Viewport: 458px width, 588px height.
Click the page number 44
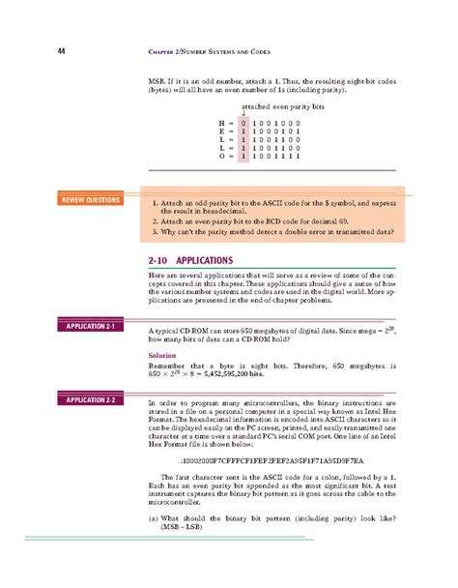click(61, 50)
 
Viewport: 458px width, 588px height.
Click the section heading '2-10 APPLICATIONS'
click(190, 260)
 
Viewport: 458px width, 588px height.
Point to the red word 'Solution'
click(162, 355)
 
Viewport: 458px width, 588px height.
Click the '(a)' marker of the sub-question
click(154, 520)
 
